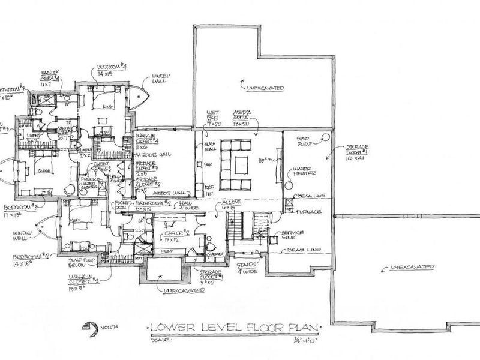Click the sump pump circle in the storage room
pyautogui.click(x=326, y=137)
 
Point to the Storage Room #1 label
pyautogui.click(x=356, y=152)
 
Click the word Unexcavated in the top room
pyautogui.click(x=263, y=88)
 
